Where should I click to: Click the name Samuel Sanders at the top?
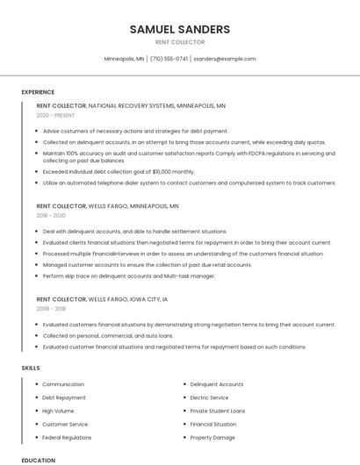[179, 29]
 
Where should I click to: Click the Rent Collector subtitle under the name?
[179, 42]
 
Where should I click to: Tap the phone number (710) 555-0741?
[169, 59]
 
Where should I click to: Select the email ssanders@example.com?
[225, 59]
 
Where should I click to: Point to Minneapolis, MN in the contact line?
[124, 59]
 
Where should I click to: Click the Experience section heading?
[38, 92]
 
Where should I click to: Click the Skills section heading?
[31, 368]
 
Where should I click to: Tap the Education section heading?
[38, 460]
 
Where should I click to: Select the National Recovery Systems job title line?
[131, 106]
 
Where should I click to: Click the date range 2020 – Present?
[54, 115]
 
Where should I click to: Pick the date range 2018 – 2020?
[51, 215]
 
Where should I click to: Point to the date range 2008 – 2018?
[51, 309]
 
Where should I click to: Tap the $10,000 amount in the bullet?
[161, 172]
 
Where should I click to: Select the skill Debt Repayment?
[64, 397]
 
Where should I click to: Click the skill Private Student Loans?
[218, 411]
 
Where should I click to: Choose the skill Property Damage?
[212, 437]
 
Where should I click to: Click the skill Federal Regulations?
[67, 437]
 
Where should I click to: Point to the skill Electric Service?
[209, 397]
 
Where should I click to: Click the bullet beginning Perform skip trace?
[128, 275]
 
